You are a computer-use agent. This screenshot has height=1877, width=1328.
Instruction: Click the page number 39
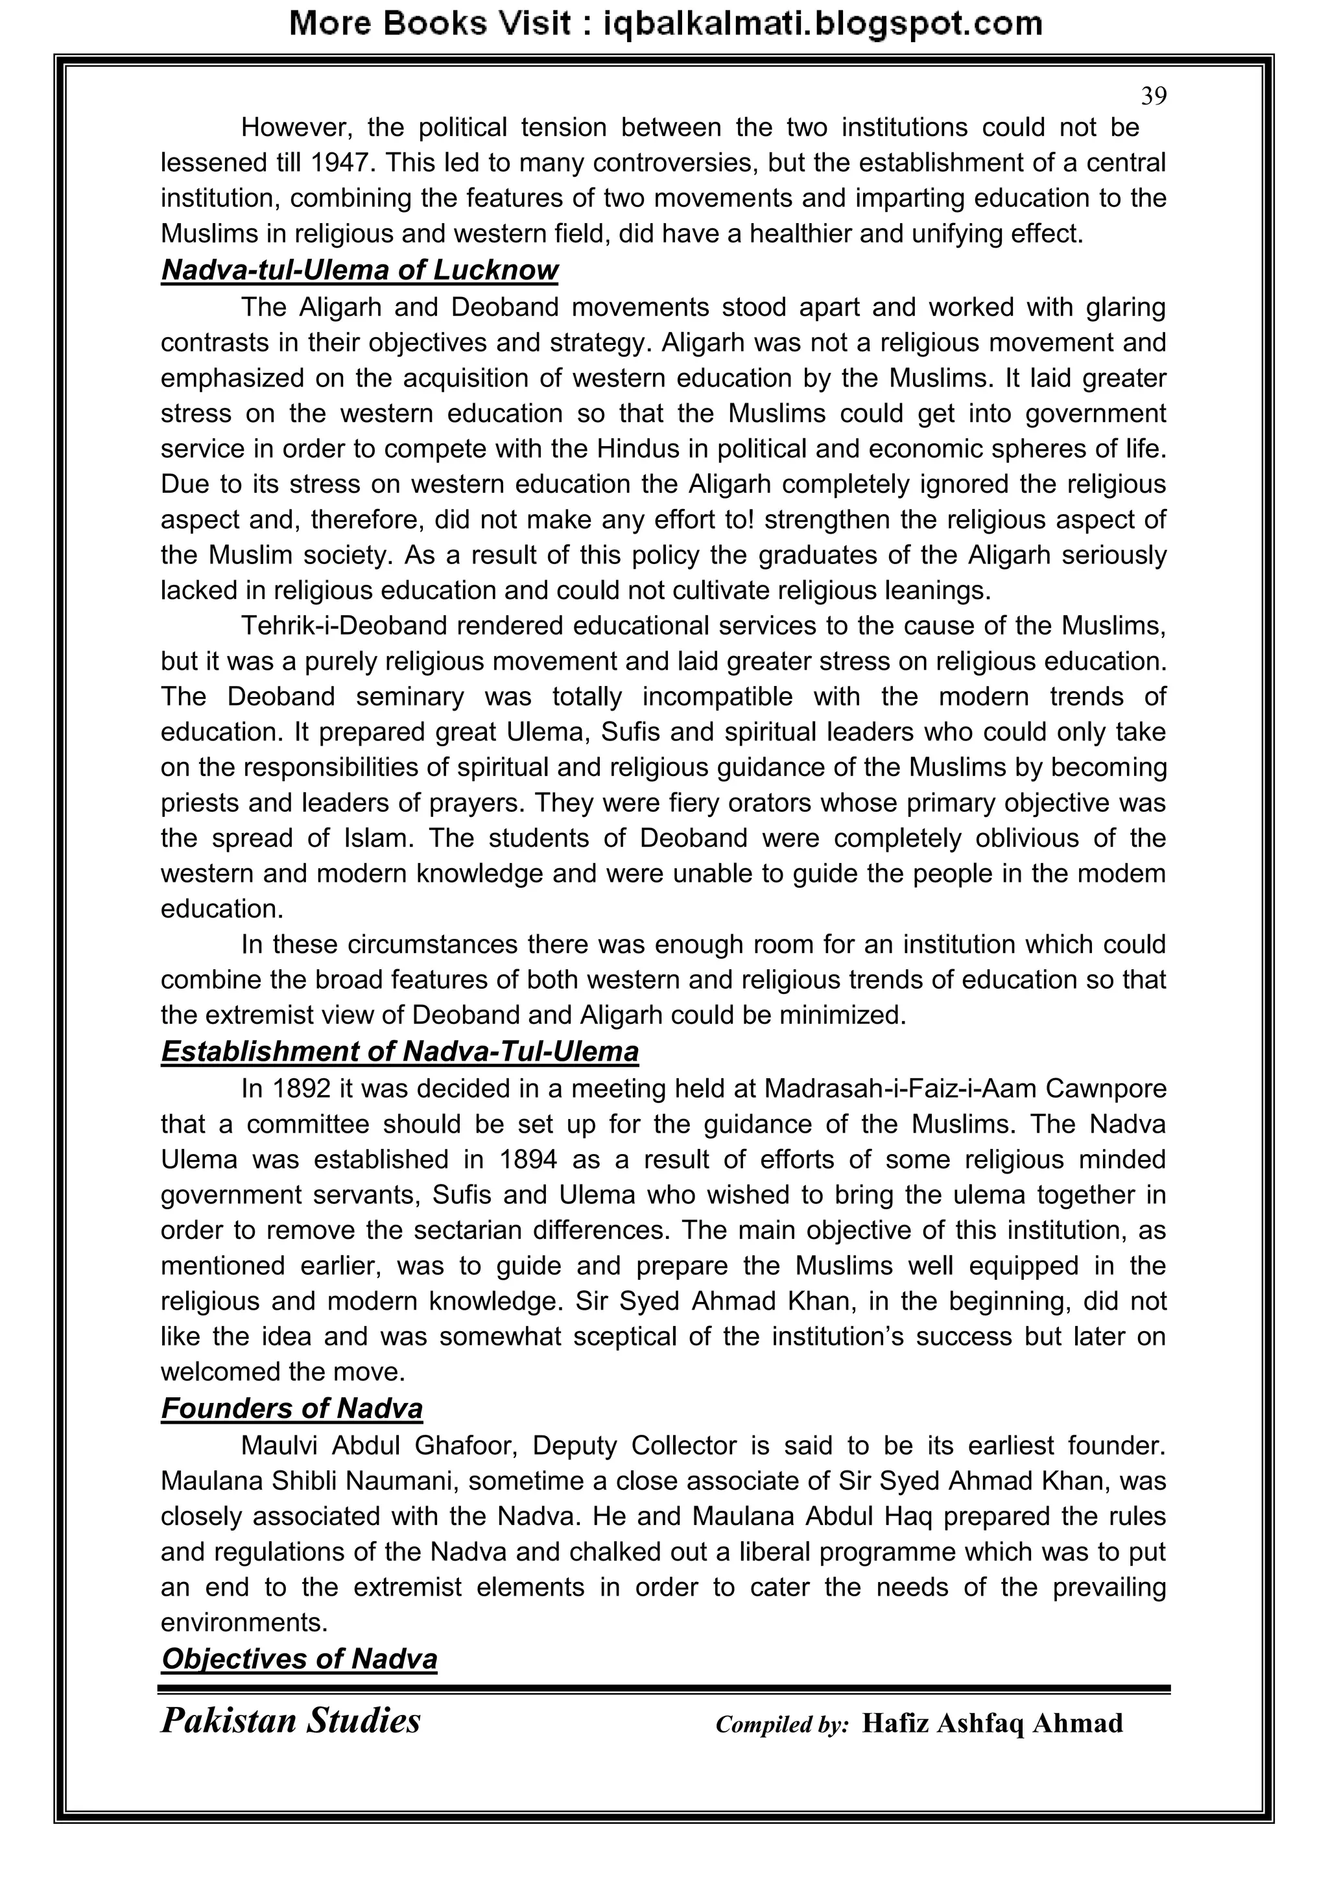pyautogui.click(x=1153, y=97)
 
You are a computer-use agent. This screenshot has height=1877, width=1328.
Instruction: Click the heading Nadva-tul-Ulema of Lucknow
pyautogui.click(x=359, y=270)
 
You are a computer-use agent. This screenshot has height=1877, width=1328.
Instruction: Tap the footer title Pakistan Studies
pyautogui.click(x=290, y=1721)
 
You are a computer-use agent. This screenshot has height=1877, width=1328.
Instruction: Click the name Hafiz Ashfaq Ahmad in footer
pyautogui.click(x=992, y=1723)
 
